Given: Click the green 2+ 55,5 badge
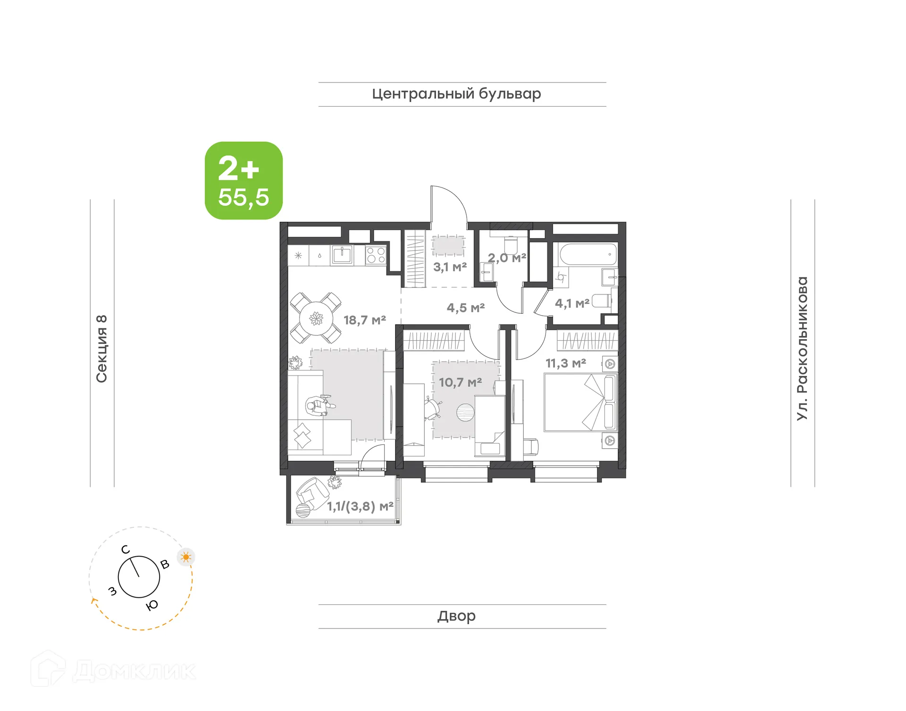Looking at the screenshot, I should click(x=243, y=181).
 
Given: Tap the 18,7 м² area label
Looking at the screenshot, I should click(x=364, y=320).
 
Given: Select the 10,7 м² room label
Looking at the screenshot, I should click(x=460, y=382).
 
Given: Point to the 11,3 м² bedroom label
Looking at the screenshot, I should click(x=566, y=363).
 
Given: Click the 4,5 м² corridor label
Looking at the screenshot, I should click(x=466, y=308).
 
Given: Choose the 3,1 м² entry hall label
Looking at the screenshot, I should click(x=450, y=267).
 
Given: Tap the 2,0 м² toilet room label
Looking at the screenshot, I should click(x=507, y=258).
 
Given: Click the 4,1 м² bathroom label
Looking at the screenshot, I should click(x=572, y=303).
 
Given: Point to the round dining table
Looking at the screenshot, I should click(x=316, y=318).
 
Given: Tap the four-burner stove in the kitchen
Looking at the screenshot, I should click(x=376, y=255).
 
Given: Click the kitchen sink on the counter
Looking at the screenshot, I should click(x=342, y=255).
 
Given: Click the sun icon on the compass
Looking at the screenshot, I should click(x=186, y=557).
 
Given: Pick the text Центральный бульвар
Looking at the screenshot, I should click(x=456, y=94).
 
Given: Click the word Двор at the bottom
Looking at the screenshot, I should click(x=456, y=616).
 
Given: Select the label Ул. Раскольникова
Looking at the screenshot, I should click(x=802, y=348).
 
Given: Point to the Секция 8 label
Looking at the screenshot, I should click(x=102, y=348).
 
